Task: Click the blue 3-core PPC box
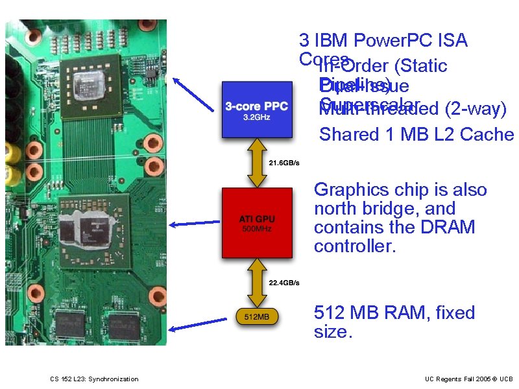256,110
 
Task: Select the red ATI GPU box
256,222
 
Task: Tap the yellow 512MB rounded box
256,317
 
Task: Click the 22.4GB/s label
284,283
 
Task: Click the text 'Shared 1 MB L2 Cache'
416,135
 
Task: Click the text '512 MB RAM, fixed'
394,312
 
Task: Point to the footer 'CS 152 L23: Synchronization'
94,379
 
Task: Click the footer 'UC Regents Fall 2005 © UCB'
468,379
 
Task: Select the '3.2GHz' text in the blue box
256,118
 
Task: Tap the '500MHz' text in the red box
256,229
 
